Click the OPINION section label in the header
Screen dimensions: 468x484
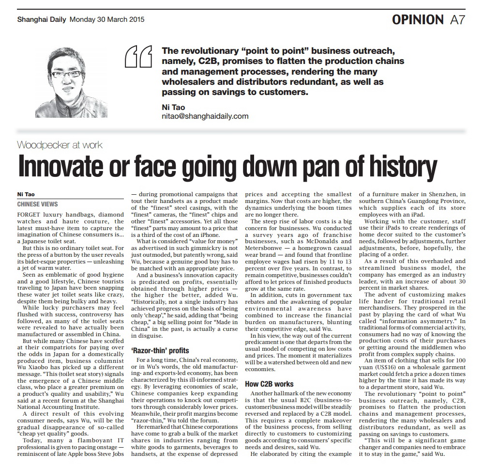pos(417,19)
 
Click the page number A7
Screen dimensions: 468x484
pos(458,19)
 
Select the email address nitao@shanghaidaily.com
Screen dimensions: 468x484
pos(205,116)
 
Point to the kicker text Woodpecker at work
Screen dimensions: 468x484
pos(59,144)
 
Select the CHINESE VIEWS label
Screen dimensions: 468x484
pos(37,204)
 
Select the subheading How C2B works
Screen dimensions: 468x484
pos(269,384)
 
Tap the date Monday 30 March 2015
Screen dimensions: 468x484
pos(107,20)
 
